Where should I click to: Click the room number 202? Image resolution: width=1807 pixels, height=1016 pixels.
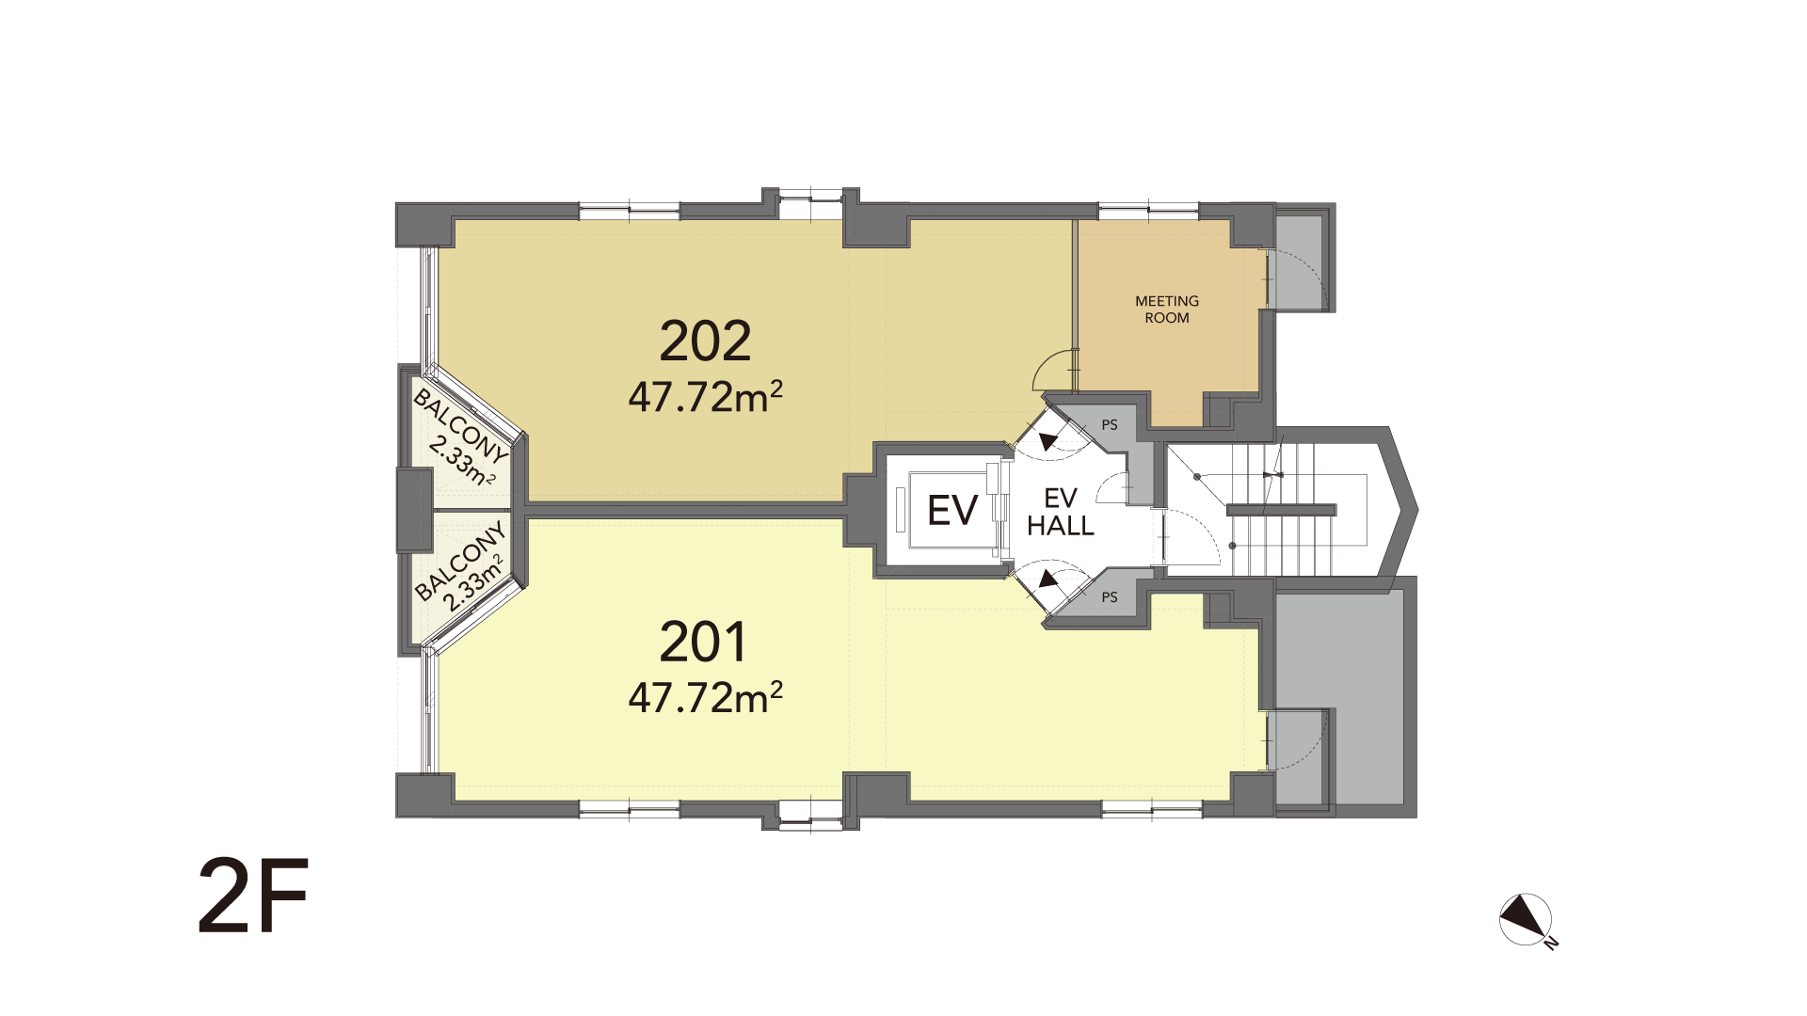pos(705,341)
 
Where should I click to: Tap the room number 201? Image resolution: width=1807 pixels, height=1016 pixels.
pos(703,643)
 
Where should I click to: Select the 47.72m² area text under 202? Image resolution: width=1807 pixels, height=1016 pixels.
pos(705,397)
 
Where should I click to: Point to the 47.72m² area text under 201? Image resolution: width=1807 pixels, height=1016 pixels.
pos(705,697)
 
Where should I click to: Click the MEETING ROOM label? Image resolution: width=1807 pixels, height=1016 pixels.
pos(1167,310)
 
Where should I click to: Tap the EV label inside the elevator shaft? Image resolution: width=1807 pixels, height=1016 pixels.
pos(952,510)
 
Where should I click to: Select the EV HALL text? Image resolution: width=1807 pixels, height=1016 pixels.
pos(1061,513)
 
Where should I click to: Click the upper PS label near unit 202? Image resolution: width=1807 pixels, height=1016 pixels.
pos(1110,425)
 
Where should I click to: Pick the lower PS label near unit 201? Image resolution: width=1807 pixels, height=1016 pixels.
pos(1110,597)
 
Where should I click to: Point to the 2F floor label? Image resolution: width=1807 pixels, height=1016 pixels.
pos(253,895)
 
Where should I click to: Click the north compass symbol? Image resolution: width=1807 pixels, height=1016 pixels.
pos(1527,919)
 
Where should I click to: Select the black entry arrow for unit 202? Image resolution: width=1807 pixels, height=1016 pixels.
pos(1047,440)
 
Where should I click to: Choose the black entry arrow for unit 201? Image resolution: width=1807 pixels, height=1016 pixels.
pos(1047,581)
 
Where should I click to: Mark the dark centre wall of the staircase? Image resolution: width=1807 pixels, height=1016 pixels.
pos(1281,510)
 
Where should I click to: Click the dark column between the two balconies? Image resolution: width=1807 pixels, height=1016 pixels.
pos(414,510)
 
